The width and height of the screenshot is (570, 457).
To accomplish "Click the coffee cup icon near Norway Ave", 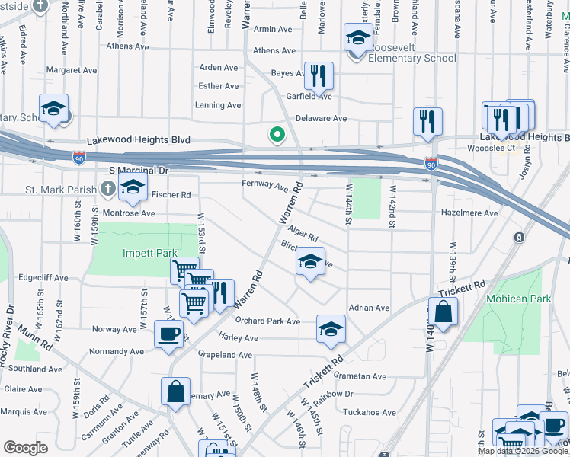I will click(168, 334).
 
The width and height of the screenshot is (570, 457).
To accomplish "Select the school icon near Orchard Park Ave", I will click(331, 328).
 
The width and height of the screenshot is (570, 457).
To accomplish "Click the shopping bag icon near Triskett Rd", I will click(443, 312).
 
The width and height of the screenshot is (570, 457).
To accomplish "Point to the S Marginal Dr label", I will click(137, 171).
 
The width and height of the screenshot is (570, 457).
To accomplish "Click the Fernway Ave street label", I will click(264, 185).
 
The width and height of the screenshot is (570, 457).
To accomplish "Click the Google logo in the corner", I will click(25, 447).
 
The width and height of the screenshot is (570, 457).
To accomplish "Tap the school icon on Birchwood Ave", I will click(310, 261).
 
